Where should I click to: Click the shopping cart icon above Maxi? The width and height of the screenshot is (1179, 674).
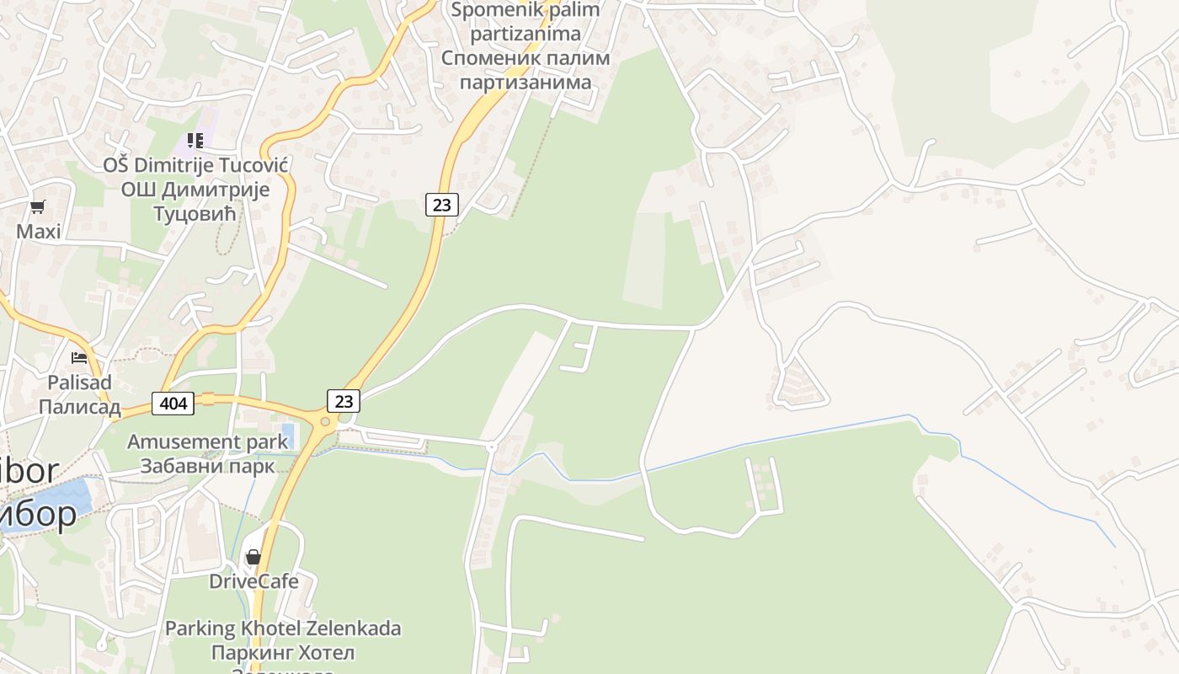(37, 206)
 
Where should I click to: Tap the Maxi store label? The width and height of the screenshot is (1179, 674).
(39, 231)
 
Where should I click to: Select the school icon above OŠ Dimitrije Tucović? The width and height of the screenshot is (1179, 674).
(195, 140)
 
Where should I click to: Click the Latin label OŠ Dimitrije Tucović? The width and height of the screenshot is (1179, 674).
(195, 165)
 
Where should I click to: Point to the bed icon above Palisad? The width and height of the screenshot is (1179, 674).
(79, 358)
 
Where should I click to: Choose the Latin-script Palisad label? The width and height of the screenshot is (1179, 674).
(79, 382)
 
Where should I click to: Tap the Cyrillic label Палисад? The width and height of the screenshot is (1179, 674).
(79, 407)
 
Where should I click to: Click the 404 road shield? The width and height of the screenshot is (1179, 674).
(173, 404)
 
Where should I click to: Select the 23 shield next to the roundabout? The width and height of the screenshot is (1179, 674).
(344, 401)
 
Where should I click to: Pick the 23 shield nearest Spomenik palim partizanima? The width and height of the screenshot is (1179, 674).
(441, 204)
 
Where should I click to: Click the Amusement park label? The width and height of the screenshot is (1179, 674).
(206, 441)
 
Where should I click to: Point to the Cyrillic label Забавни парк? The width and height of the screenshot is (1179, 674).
(207, 466)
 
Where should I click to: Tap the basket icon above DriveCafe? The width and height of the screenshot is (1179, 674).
(253, 557)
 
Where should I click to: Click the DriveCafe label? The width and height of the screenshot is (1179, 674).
(253, 581)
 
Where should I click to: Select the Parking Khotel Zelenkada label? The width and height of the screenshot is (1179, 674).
(283, 629)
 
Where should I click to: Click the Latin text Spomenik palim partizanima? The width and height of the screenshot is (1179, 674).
(525, 22)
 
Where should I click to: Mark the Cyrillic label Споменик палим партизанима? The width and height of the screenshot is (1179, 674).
(525, 71)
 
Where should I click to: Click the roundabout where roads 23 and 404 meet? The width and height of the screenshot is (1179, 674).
(325, 421)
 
